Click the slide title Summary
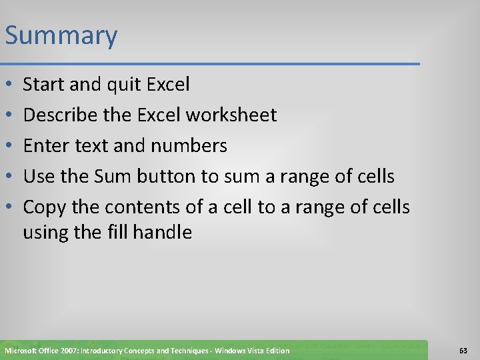pos(61,36)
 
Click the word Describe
pos(57,115)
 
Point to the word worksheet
pos(231,115)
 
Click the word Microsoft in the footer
pos(23,351)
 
